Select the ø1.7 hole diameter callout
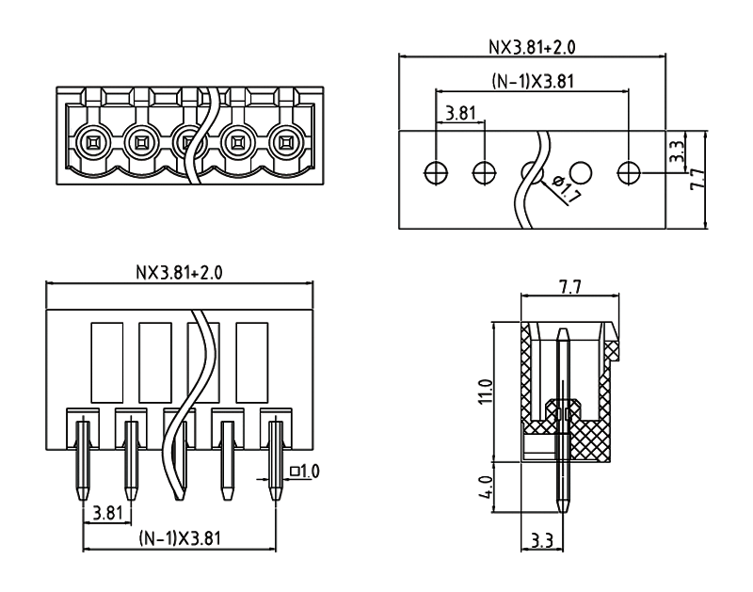pyautogui.click(x=569, y=191)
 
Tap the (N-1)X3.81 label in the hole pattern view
pyautogui.click(x=533, y=82)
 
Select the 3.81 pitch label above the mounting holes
pyautogui.click(x=460, y=114)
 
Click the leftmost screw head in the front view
pyautogui.click(x=92, y=143)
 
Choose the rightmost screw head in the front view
pyautogui.click(x=284, y=143)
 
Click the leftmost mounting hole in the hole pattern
pyautogui.click(x=436, y=172)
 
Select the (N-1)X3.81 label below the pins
pyautogui.click(x=179, y=538)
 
